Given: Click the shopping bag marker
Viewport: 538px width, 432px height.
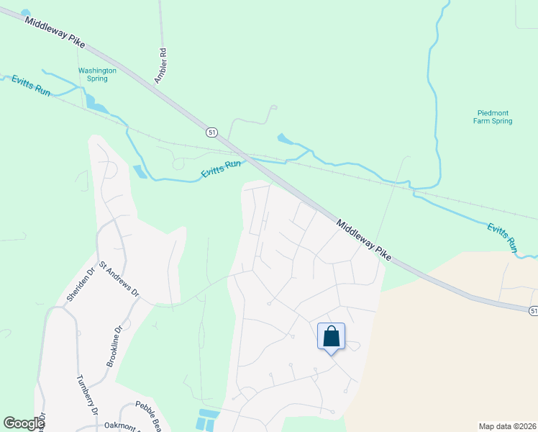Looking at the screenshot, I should click(x=331, y=336).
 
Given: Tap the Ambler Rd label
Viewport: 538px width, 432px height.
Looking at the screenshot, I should click(x=163, y=63).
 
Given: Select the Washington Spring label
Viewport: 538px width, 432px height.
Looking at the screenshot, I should click(x=97, y=74).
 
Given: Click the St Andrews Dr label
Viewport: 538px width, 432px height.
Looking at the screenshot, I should click(x=119, y=279).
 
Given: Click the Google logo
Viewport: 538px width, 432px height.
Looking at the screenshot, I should click(x=24, y=423).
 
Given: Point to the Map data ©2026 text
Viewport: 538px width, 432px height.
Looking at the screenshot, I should click(x=507, y=426).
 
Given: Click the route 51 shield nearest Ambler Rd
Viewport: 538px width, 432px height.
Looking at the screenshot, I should click(x=211, y=132).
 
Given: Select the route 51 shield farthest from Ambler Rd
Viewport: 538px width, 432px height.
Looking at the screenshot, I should click(x=532, y=310).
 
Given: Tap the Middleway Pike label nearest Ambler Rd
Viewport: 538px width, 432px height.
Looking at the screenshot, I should click(x=55, y=33).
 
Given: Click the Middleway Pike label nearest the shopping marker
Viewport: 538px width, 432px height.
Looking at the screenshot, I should click(x=364, y=240).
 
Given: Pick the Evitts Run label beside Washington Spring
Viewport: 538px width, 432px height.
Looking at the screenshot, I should click(x=31, y=87).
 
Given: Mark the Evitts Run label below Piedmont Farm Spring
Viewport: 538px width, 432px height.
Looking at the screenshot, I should click(x=502, y=237).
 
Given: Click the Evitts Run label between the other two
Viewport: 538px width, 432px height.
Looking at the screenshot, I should click(x=221, y=168).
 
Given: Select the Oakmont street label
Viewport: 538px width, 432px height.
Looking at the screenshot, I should click(x=122, y=426).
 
